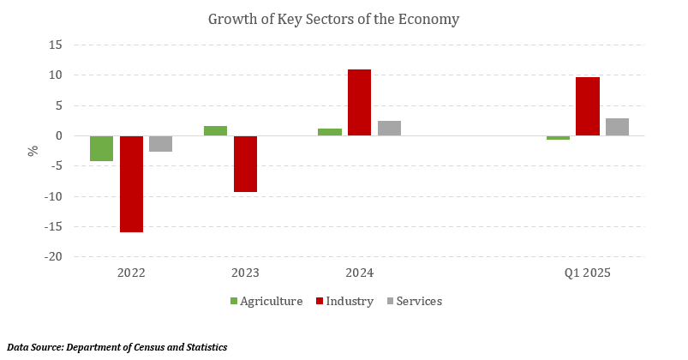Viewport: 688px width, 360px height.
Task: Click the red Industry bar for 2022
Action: [x=131, y=183]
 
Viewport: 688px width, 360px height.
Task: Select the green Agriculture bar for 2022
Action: [x=102, y=148]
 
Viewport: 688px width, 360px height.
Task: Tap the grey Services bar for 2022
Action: [x=160, y=144]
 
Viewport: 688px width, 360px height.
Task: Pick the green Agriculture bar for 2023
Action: [x=216, y=130]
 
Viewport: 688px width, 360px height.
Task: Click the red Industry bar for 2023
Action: [x=245, y=164]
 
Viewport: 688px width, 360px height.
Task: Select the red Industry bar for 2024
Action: [x=359, y=102]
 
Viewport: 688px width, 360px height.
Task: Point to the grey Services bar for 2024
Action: [x=389, y=128]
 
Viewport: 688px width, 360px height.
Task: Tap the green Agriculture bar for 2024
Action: [x=330, y=132]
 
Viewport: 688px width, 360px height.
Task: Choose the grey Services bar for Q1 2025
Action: [x=617, y=127]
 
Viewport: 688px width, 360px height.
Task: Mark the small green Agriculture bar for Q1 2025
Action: [x=558, y=138]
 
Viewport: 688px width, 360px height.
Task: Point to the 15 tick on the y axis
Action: [x=56, y=45]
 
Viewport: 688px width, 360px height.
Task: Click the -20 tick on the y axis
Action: [x=53, y=257]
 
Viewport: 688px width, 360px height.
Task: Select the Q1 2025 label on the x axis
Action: [x=587, y=273]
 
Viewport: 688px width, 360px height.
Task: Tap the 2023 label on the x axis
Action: [x=245, y=273]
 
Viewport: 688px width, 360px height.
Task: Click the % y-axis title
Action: [x=33, y=151]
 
